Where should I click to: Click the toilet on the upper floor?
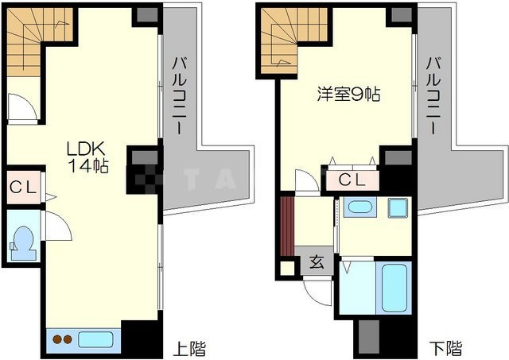(24, 239)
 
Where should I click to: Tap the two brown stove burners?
(62, 339)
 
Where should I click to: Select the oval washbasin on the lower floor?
(359, 208)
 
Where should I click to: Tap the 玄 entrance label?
(316, 261)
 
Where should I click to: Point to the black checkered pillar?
(143, 170)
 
